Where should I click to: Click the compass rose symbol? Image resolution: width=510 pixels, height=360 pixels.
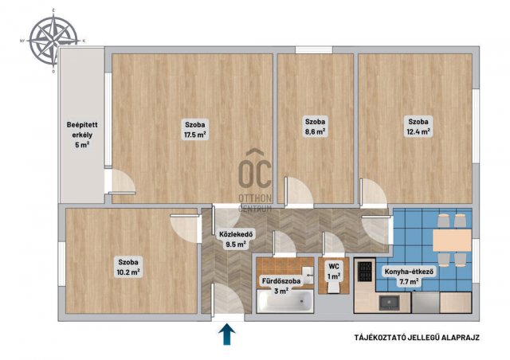point(53,41)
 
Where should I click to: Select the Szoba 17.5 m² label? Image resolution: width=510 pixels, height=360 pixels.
point(194,130)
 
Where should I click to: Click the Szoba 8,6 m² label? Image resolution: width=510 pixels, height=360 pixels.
point(315,127)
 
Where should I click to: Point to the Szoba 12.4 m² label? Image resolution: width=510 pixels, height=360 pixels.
point(418,127)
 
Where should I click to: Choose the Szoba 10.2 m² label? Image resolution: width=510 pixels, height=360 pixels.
point(128,267)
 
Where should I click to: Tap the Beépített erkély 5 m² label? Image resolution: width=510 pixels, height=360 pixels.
point(82,135)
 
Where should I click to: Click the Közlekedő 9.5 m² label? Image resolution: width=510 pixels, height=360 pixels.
point(236,239)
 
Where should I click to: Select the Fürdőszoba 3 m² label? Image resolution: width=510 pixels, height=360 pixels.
point(281,286)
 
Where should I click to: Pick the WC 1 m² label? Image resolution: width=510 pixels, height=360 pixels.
point(334,272)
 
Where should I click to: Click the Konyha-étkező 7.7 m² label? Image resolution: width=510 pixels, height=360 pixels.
point(409,276)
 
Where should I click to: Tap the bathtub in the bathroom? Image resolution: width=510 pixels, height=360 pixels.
point(285,302)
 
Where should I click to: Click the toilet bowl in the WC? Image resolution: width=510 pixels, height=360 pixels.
point(334,287)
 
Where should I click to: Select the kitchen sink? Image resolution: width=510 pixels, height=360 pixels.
point(390,303)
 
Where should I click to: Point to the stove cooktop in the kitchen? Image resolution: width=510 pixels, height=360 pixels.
point(365,272)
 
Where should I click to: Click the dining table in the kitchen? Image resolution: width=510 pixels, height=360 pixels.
point(452,240)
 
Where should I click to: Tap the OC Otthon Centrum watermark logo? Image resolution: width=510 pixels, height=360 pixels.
point(255,181)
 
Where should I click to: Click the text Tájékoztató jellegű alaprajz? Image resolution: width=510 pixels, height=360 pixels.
point(417,338)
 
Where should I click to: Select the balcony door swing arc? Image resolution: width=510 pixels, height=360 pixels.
point(124,182)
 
